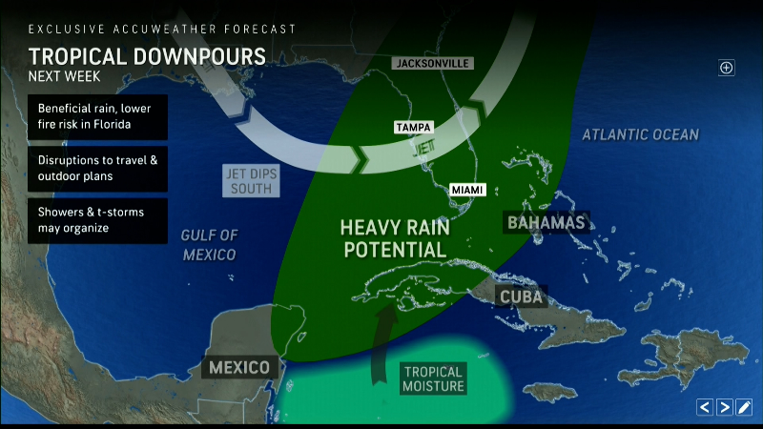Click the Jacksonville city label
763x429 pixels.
[432, 63]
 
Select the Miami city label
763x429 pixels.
[467, 190]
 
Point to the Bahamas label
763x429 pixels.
[546, 222]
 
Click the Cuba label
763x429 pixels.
[521, 296]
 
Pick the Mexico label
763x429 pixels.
[242, 367]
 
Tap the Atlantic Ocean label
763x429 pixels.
[641, 135]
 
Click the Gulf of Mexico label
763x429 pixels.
[209, 244]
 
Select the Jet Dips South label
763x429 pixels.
[250, 180]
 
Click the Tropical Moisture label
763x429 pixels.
[432, 378]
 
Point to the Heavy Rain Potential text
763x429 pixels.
[393, 238]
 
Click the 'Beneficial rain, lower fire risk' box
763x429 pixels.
[97, 117]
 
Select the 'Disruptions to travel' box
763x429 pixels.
[97, 169]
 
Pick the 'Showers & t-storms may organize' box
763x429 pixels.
[97, 220]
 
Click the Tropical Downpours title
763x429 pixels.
[147, 55]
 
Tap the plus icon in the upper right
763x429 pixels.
[727, 67]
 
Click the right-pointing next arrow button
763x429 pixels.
[725, 407]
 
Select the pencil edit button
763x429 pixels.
[745, 407]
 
